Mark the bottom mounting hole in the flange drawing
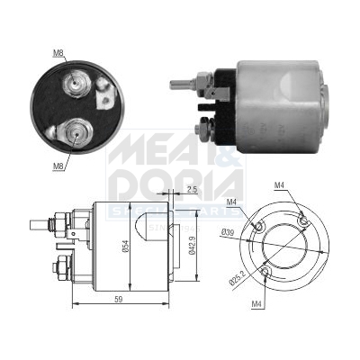click(265, 271)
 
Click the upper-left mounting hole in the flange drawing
click(259, 228)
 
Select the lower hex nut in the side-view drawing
click(61, 266)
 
